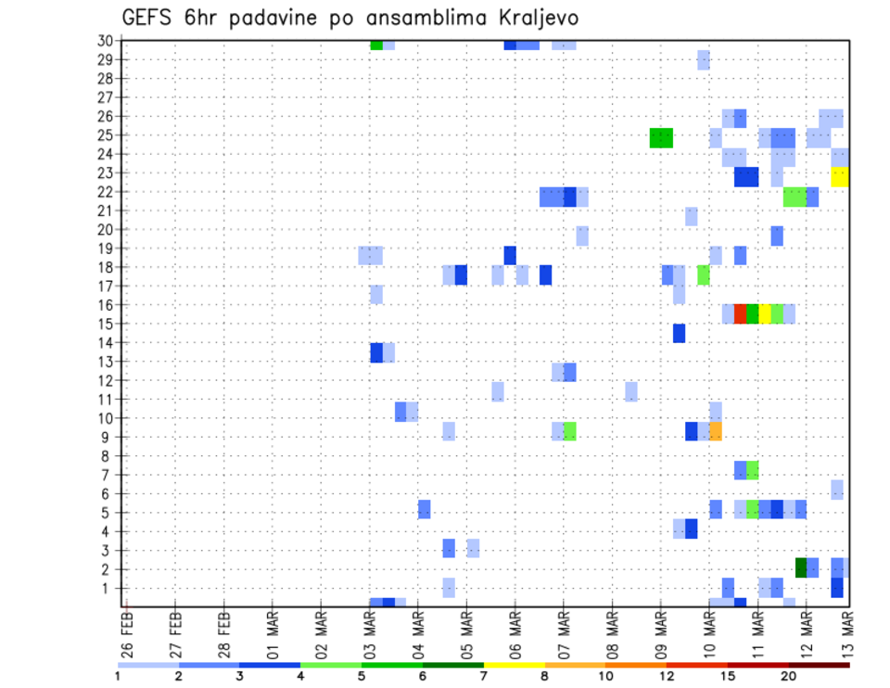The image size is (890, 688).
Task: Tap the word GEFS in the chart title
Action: [x=150, y=18]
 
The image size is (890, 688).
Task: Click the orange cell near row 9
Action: [x=716, y=431]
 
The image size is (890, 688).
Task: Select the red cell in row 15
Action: [x=740, y=313]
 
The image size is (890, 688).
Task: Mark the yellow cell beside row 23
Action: [x=839, y=176]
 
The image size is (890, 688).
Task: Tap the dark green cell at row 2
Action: [x=801, y=567]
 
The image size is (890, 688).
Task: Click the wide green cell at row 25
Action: [x=661, y=138]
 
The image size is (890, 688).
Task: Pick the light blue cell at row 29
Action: [x=704, y=60]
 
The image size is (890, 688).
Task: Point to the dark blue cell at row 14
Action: [x=679, y=333]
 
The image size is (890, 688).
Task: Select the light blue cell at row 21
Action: [x=692, y=216]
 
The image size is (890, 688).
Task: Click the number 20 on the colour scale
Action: [x=789, y=676]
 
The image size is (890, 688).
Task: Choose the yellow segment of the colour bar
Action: [x=515, y=665]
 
